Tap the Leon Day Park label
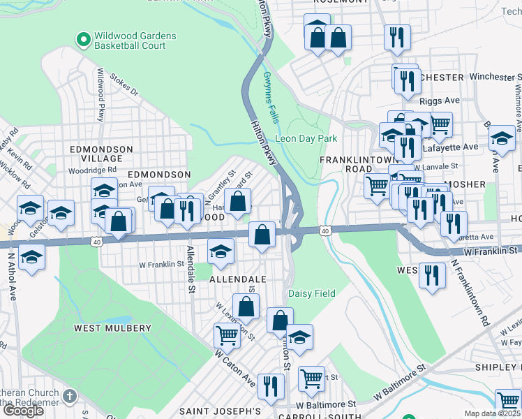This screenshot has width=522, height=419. tap(306, 138)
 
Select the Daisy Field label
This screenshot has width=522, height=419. tap(311, 294)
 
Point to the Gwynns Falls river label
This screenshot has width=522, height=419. tap(270, 97)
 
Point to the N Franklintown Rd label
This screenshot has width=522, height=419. tap(470, 293)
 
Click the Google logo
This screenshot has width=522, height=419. tap(23, 410)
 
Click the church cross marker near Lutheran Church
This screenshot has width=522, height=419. tap(68, 397)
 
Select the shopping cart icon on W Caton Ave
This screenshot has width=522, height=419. tap(227, 335)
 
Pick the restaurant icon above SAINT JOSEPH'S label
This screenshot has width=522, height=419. tap(271, 385)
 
